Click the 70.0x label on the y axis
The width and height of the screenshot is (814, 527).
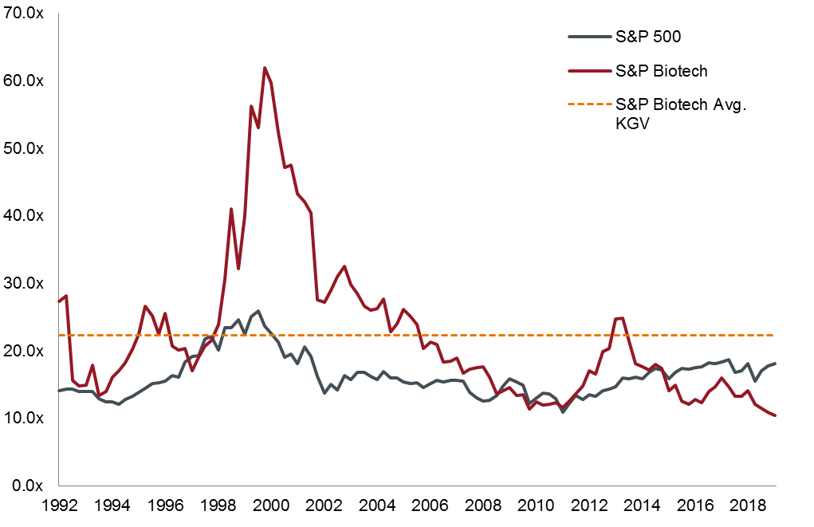[x=25, y=14]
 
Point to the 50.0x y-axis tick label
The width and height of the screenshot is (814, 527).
[x=25, y=148]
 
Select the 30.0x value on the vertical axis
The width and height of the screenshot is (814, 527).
[x=25, y=283]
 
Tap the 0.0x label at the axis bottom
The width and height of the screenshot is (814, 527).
[x=28, y=486]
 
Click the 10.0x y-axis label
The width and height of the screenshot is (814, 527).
[x=25, y=418]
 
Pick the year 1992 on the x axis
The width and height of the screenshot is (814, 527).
[x=59, y=505]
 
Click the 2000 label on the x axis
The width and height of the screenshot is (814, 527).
[x=270, y=505]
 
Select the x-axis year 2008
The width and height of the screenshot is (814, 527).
[x=482, y=505]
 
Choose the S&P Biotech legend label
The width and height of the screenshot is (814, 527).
[x=662, y=70]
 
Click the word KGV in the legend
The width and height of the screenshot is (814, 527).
[x=632, y=122]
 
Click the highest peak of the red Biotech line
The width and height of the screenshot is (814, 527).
[x=265, y=67]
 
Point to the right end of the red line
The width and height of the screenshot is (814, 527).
[x=775, y=415]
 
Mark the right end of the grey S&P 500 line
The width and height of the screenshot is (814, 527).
[x=775, y=364]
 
